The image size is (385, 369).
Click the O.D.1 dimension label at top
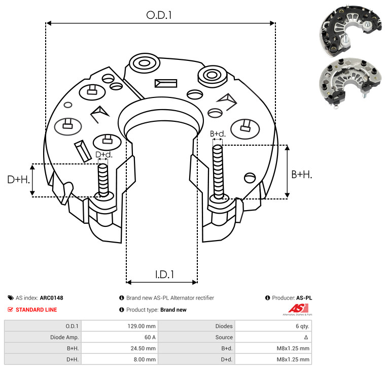pos(159,15)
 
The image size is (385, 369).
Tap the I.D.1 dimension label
pos(164,275)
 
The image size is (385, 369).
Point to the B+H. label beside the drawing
pos(302,175)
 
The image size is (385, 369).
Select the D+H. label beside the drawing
pos(19,180)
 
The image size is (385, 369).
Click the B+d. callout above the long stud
pos(218,134)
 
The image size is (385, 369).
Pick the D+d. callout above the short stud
pos(104,154)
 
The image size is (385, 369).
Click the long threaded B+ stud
pos(218,172)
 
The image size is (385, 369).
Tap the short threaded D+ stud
pos(103,180)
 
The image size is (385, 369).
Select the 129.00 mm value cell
pos(142,326)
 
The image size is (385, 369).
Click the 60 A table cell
pos(150,338)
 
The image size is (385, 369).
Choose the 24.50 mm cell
pos(143,348)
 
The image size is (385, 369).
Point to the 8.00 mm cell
pos(145,359)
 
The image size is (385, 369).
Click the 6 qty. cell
pos(302,326)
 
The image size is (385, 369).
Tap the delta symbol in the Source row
pos(306,338)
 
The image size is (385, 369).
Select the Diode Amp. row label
pos(64,338)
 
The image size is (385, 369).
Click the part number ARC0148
pos(52,298)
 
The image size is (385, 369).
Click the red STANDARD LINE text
pos(37,310)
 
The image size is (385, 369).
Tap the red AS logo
pos(298,309)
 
